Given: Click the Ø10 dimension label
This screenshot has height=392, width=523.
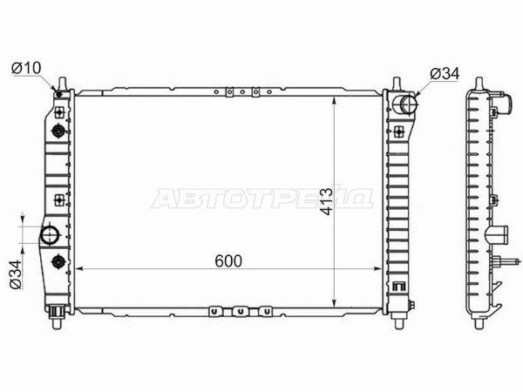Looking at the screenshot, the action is click(x=26, y=68).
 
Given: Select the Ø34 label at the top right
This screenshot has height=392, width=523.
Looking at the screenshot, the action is click(x=445, y=73).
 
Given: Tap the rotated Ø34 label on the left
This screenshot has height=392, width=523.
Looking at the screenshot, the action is click(x=16, y=274).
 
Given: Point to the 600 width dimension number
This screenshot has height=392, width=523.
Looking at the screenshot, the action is click(x=228, y=261).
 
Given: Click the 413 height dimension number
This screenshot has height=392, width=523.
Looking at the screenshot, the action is click(x=326, y=201).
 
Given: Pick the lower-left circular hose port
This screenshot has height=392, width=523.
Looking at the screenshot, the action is click(x=50, y=235).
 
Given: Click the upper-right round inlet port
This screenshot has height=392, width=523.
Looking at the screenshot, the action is click(x=406, y=104).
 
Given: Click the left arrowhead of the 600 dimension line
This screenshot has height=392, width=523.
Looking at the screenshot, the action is click(x=79, y=268).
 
